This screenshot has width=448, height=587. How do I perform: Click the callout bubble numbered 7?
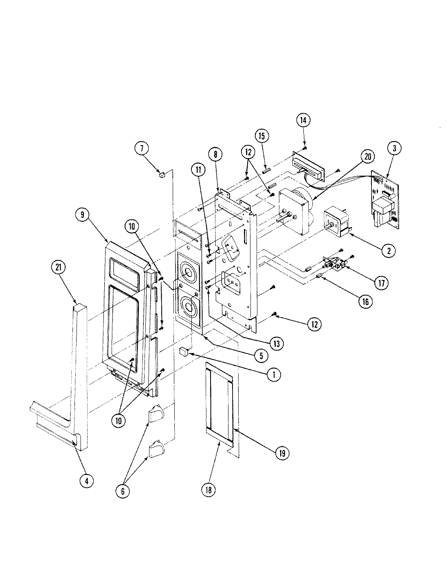pyautogui.click(x=142, y=149)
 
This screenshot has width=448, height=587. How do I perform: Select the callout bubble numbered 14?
pyautogui.click(x=304, y=120)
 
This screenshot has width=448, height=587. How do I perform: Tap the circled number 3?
pyautogui.click(x=394, y=149)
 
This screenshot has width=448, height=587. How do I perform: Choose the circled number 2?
pyautogui.click(x=389, y=250)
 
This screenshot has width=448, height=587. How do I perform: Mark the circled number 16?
pyautogui.click(x=365, y=301)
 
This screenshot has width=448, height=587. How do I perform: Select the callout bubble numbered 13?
pyautogui.click(x=276, y=344)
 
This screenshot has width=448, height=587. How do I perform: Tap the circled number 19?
pyautogui.click(x=281, y=452)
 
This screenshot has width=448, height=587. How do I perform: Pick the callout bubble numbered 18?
pyautogui.click(x=208, y=489)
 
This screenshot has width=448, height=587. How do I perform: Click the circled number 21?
pyautogui.click(x=58, y=267)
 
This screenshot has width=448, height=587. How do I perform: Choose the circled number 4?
pyautogui.click(x=86, y=481)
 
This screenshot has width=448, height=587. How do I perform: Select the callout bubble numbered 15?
pyautogui.click(x=262, y=135)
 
